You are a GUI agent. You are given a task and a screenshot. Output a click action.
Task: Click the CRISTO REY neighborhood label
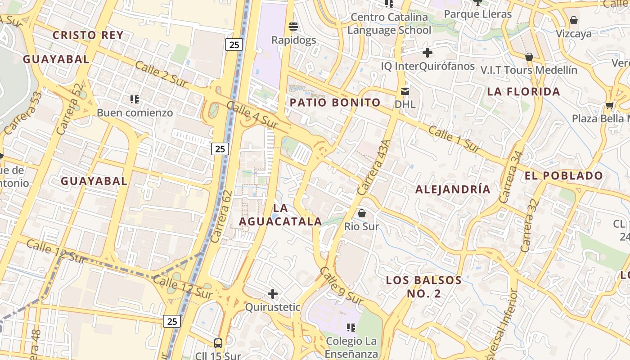pyautogui.click(x=88, y=35)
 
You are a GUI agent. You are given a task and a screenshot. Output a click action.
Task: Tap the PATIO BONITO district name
pyautogui.click(x=335, y=103)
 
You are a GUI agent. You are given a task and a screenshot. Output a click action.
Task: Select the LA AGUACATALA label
pyautogui.click(x=280, y=215)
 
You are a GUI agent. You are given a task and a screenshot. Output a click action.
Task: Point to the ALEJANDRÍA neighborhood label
pyautogui.click(x=453, y=189)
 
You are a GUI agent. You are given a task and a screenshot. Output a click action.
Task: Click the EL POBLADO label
pyautogui.click(x=564, y=175)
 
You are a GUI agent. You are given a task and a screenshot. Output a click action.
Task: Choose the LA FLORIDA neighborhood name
pyautogui.click(x=524, y=92)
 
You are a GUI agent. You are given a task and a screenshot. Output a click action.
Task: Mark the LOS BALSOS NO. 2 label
pyautogui.click(x=424, y=287)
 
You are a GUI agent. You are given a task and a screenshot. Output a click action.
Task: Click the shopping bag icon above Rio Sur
pyautogui.click(x=362, y=213)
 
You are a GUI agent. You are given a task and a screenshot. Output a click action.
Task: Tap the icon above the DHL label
pyautogui.click(x=405, y=91)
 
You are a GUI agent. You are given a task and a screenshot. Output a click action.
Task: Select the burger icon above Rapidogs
pyautogui.click(x=293, y=27)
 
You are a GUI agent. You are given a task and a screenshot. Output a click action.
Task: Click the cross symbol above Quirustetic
pyautogui.click(x=272, y=294)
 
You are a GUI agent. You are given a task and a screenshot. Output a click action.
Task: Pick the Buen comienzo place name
pyautogui.click(x=135, y=112)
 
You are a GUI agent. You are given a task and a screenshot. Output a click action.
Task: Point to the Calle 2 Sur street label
pyautogui.click(x=161, y=75)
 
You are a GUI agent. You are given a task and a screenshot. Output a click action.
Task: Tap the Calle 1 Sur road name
pyautogui.click(x=454, y=139)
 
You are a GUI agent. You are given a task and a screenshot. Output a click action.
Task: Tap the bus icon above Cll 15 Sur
pyautogui.click(x=218, y=343)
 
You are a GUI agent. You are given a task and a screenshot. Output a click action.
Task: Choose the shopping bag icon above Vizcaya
pyautogui.click(x=574, y=20)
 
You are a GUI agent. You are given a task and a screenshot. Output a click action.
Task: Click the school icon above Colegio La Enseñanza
pyautogui.click(x=351, y=327)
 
